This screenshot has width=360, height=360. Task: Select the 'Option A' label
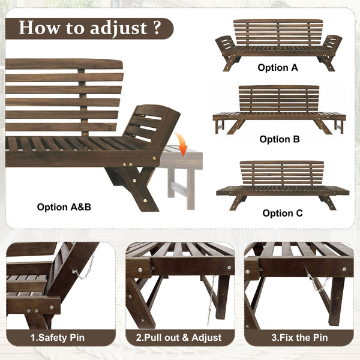pos(278,68)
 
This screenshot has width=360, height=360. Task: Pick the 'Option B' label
pos(279,139)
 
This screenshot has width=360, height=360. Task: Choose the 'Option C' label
pos(282,213)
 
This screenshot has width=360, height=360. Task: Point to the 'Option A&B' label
pos(64,206)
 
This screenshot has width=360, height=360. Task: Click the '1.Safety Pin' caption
pos(58,338)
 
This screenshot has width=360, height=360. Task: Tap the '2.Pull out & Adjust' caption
pos(179,338)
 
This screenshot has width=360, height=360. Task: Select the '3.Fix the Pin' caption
pos(298,338)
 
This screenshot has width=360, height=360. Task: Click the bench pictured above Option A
pos(278,43)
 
